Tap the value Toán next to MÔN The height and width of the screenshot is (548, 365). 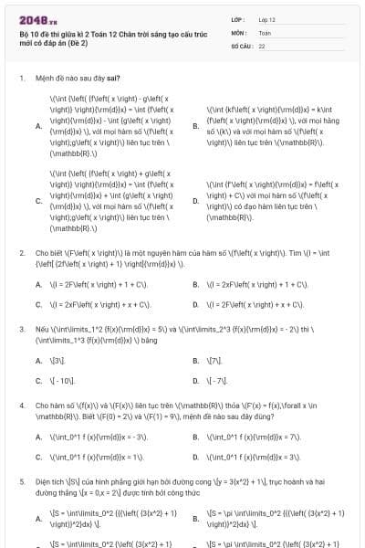coord(265,32)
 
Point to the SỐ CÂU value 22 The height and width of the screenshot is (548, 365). coord(262,45)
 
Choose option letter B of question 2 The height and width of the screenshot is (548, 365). coord(196,285)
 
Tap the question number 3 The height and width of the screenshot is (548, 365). coord(22,328)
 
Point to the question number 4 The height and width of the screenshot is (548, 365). coord(22,404)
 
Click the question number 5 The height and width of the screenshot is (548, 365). coord(22,479)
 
